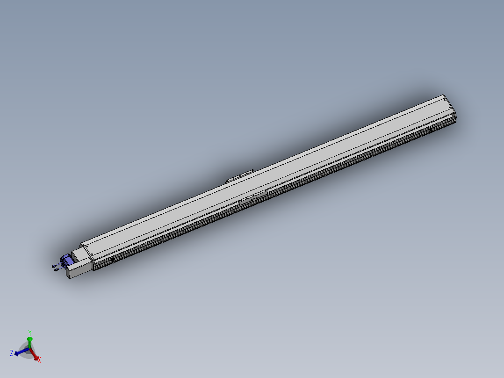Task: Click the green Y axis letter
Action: pos(30,333)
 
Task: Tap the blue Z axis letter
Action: pos(12,353)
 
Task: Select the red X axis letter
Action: pos(39,360)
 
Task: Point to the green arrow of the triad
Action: pos(29,342)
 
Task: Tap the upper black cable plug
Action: pos(54,266)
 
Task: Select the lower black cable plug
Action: pos(57,269)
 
